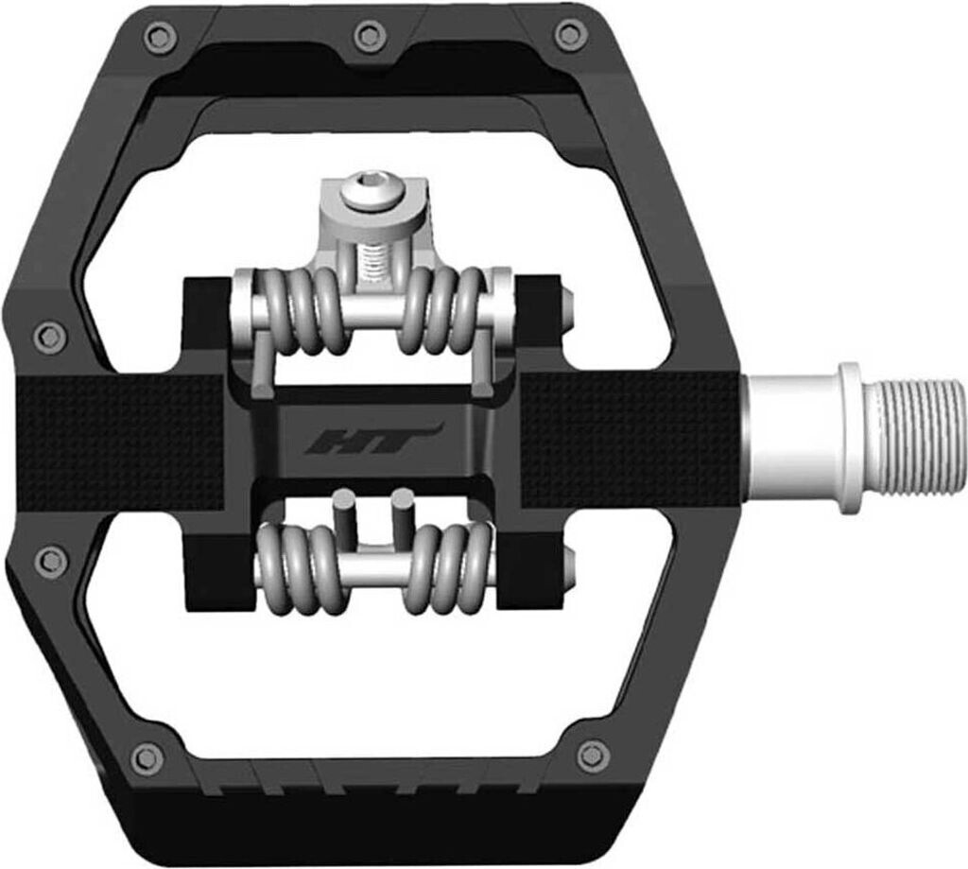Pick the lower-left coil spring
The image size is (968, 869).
tap(301, 567)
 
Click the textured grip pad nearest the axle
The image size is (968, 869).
tap(629, 438)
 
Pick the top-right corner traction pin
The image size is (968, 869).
tap(570, 36)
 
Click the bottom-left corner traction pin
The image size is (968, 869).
tap(147, 756)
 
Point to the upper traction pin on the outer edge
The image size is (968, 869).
tap(48, 335)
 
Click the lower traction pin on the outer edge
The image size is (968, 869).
tap(49, 561)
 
